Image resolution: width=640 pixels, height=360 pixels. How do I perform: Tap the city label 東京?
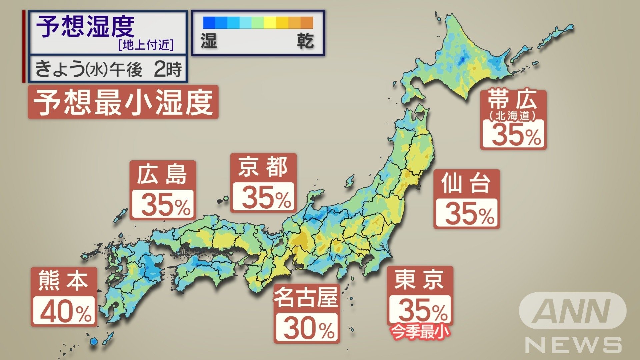click(x=419, y=280)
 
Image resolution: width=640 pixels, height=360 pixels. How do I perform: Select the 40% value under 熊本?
click(x=64, y=311)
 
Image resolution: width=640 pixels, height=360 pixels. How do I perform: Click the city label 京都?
click(x=263, y=167)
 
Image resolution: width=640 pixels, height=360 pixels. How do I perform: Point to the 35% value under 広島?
click(x=163, y=204)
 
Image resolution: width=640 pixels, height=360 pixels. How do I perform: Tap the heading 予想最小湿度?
click(x=123, y=102)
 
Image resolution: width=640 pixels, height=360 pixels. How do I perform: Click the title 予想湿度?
click(x=85, y=27)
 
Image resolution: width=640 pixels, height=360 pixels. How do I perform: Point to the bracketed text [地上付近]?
click(x=146, y=45)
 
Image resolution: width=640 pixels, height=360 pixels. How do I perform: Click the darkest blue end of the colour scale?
click(x=209, y=23)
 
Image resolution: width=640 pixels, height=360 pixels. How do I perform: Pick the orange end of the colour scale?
click(x=307, y=23)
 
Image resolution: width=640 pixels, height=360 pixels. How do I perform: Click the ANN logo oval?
click(x=572, y=311)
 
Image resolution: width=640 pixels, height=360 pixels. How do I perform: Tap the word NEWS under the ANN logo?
click(x=573, y=345)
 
